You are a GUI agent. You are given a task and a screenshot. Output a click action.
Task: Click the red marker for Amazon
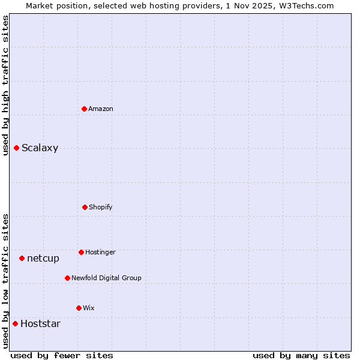pyautogui.click(x=85, y=109)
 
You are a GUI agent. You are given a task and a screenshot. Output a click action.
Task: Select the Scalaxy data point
pyautogui.click(x=17, y=148)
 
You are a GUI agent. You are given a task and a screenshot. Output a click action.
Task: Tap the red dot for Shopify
pyautogui.click(x=85, y=207)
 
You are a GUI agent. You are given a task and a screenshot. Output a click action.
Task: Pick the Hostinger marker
pyautogui.click(x=81, y=252)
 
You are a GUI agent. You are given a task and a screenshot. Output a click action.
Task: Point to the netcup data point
pyautogui.click(x=22, y=258)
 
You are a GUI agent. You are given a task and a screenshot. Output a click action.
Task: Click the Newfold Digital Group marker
pyautogui.click(x=67, y=278)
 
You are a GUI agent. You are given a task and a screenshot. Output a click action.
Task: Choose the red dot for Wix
pyautogui.click(x=79, y=308)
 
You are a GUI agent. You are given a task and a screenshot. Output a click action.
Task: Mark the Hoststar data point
pyautogui.click(x=16, y=323)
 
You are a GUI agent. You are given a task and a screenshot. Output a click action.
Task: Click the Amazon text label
pyautogui.click(x=101, y=109)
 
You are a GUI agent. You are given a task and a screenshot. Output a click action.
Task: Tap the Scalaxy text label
pyautogui.click(x=40, y=148)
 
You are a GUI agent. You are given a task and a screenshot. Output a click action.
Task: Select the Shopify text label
pyautogui.click(x=101, y=207)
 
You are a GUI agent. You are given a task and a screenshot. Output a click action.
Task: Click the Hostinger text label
pyautogui.click(x=100, y=252)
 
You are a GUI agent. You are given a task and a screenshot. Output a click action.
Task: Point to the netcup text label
pyautogui.click(x=43, y=259)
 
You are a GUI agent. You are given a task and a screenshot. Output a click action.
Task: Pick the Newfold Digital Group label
pyautogui.click(x=106, y=278)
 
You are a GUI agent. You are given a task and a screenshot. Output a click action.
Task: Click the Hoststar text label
pyautogui.click(x=40, y=324)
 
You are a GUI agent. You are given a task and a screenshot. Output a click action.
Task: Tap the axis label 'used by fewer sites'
pyautogui.click(x=62, y=355)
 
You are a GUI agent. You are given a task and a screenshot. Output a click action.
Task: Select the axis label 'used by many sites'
pyautogui.click(x=301, y=355)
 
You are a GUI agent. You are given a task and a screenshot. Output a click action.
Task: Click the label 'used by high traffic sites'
pyautogui.click(x=5, y=85)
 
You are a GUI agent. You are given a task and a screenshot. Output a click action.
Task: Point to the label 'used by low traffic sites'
pyautogui.click(x=5, y=280)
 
